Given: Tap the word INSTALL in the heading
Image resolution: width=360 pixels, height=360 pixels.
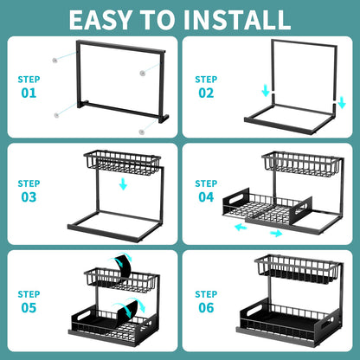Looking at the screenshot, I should point(243,18).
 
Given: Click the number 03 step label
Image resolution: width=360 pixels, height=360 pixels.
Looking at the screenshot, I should point(29,196).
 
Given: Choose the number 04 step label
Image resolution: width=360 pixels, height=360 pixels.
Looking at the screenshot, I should point(205,196).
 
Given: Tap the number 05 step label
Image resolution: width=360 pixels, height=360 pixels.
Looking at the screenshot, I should point(29,307).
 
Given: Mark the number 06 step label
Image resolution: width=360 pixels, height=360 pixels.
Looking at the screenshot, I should point(205,307).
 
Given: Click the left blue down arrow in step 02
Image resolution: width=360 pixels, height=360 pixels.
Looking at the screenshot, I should point(265,91).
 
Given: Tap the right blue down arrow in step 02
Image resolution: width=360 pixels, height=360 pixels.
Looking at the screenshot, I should point(342,102).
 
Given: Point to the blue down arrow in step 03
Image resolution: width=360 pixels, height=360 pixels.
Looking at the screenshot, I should point(123,184).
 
